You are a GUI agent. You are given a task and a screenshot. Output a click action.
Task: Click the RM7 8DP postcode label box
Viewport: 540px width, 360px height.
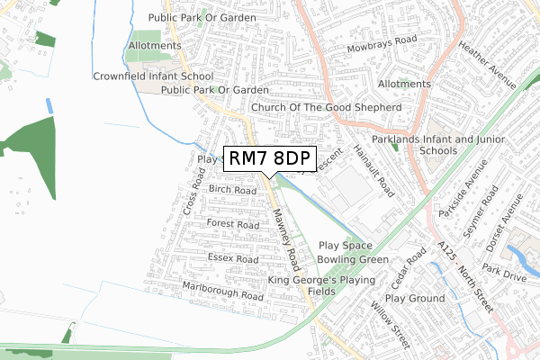270,158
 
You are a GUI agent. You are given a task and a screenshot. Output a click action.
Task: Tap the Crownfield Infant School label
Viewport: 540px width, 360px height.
153,76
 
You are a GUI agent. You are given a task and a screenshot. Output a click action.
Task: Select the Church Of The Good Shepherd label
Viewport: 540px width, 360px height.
326,107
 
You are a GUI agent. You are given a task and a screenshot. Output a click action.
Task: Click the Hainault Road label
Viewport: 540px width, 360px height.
373,171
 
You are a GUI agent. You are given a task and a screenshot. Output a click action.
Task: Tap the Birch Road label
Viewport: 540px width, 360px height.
232,190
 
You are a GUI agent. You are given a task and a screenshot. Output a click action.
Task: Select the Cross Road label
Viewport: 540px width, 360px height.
193,190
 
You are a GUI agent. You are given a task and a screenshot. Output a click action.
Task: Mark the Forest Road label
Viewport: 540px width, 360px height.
232,223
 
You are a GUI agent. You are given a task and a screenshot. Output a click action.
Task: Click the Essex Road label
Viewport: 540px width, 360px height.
233,258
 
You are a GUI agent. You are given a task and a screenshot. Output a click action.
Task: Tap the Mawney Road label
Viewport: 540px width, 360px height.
286,238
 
